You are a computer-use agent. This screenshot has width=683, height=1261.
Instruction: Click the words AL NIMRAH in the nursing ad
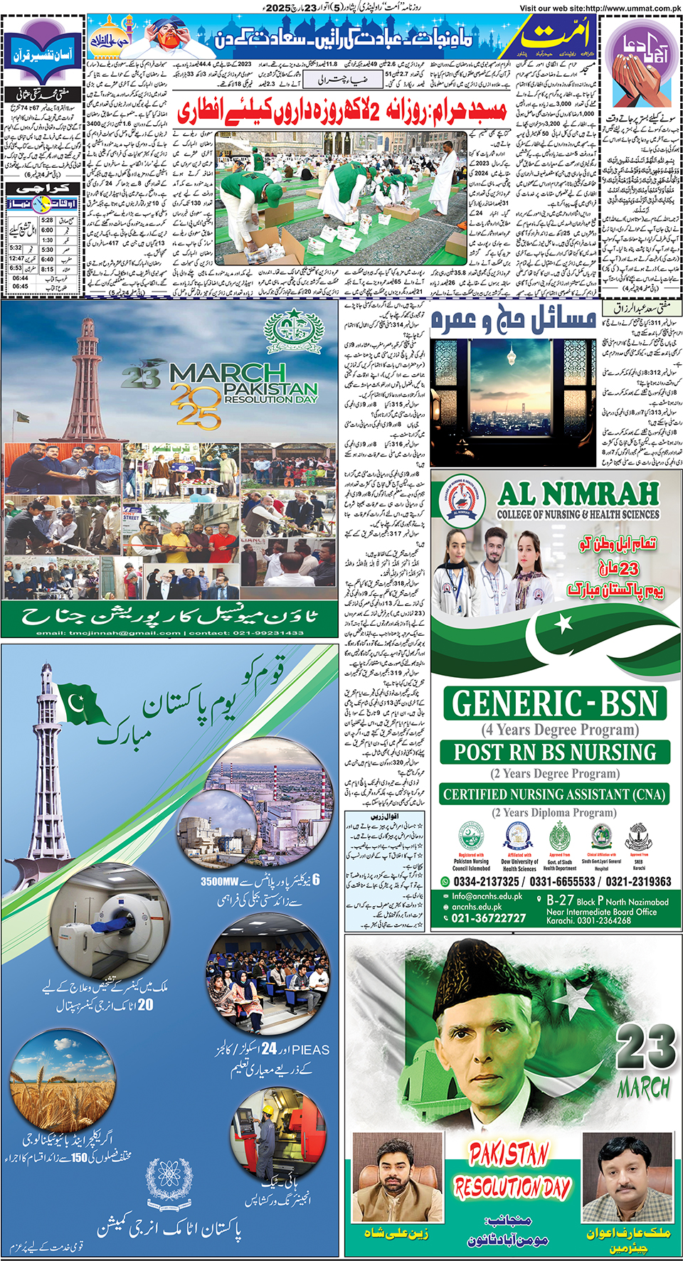578,494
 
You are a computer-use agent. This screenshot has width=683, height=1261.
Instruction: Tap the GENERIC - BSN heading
555,703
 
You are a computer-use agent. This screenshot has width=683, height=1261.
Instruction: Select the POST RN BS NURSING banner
555,752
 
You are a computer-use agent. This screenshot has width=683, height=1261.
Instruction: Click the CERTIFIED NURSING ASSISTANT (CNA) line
554,794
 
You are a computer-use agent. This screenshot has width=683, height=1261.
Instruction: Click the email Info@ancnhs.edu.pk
487,896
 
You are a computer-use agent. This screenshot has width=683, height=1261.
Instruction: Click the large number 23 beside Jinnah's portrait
645,1047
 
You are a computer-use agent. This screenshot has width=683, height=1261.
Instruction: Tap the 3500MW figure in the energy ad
223,882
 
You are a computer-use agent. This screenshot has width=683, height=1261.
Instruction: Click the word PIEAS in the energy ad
311,1050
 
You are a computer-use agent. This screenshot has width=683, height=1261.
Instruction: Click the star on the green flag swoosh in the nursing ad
563,624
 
